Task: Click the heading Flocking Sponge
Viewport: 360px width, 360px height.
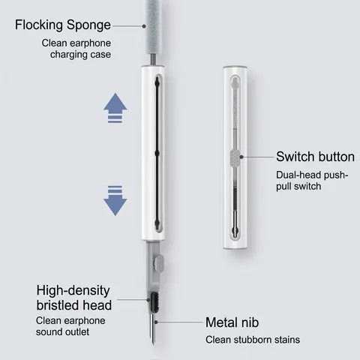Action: [x=63, y=25]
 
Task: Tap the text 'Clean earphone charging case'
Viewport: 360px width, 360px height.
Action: [x=76, y=49]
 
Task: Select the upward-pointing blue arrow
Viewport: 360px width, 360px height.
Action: [x=115, y=108]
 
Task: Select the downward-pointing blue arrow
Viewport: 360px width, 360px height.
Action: [x=115, y=201]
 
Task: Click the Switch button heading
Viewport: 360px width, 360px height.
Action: [x=315, y=157]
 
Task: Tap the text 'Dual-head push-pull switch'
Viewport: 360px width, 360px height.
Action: [x=312, y=181]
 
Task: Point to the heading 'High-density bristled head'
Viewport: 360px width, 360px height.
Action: [x=74, y=298]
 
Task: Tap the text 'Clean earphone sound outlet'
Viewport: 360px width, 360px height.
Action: [x=70, y=326]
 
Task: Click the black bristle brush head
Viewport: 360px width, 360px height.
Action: [x=154, y=302]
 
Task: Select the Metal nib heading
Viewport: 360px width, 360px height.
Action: [x=232, y=322]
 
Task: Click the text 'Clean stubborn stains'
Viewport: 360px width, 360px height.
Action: [x=253, y=340]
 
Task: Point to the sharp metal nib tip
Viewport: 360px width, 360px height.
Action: [x=153, y=344]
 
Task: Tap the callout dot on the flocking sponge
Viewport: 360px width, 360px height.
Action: [x=144, y=26]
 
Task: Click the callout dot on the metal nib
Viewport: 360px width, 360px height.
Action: [x=156, y=322]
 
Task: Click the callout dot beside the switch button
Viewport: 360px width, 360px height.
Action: [x=241, y=157]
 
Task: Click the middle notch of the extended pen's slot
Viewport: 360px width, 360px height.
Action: [x=157, y=154]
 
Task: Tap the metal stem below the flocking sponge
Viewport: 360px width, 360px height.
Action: [x=153, y=60]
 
